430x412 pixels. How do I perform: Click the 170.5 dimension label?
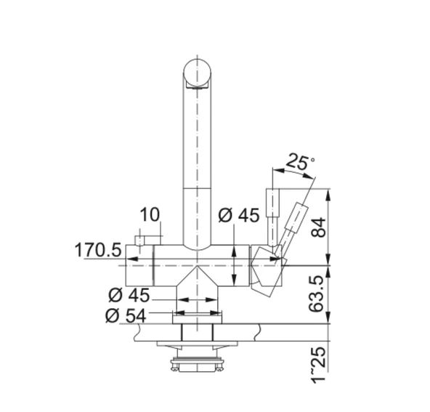point(98,250)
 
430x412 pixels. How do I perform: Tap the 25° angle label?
point(300,162)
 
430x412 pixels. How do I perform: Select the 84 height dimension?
point(318,227)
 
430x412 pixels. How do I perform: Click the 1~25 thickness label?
point(318,365)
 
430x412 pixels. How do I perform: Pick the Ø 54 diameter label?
point(126,315)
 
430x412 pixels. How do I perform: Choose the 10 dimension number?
point(150,214)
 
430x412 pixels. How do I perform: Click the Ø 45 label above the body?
point(238,215)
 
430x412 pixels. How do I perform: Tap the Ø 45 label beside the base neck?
point(129,295)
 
